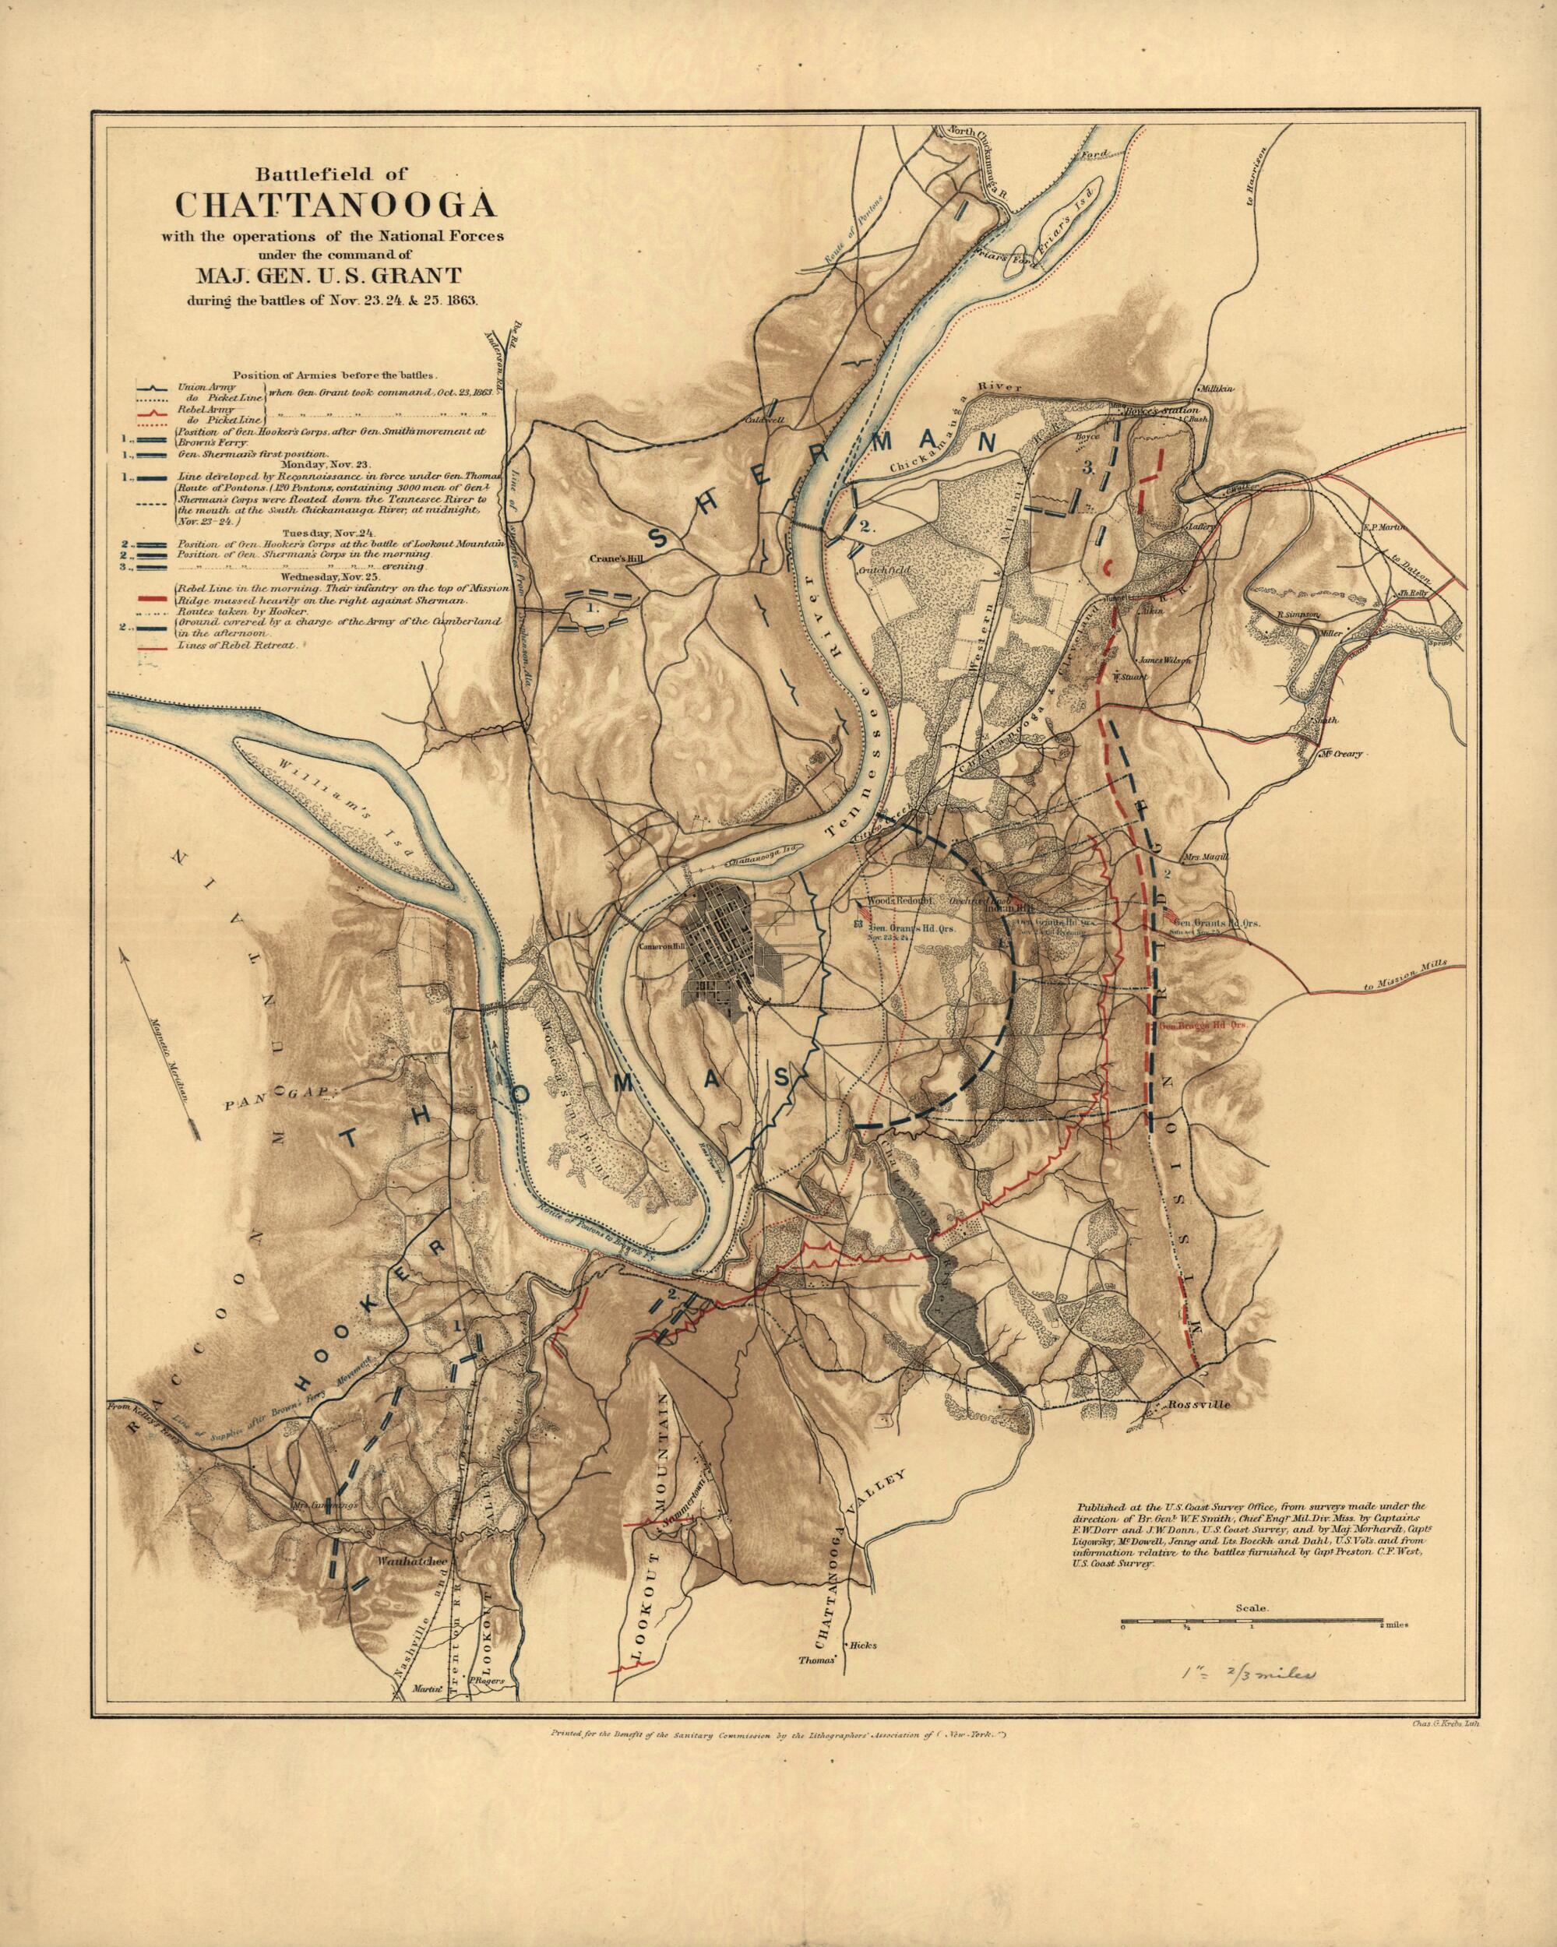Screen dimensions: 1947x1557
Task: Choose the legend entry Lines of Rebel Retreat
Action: pyautogui.click(x=233, y=646)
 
